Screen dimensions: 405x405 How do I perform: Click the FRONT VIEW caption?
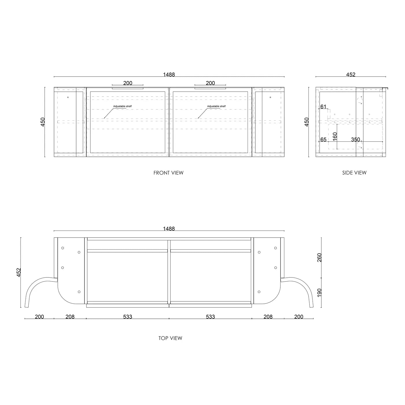pyautogui.click(x=168, y=173)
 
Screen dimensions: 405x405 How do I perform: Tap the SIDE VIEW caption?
pyautogui.click(x=354, y=172)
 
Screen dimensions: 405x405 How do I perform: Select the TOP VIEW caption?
pyautogui.click(x=170, y=338)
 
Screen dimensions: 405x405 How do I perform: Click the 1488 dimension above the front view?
pyautogui.click(x=169, y=74)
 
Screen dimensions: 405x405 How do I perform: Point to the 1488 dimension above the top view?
pyautogui.click(x=169, y=229)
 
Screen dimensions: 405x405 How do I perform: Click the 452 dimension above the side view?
pyautogui.click(x=351, y=74)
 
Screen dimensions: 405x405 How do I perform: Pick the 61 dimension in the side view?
pyautogui.click(x=323, y=106)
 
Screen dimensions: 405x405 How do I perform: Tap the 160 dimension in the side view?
pyautogui.click(x=335, y=137)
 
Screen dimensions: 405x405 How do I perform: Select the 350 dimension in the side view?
pyautogui.click(x=356, y=139)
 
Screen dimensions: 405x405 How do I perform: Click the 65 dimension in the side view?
pyautogui.click(x=323, y=139)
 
